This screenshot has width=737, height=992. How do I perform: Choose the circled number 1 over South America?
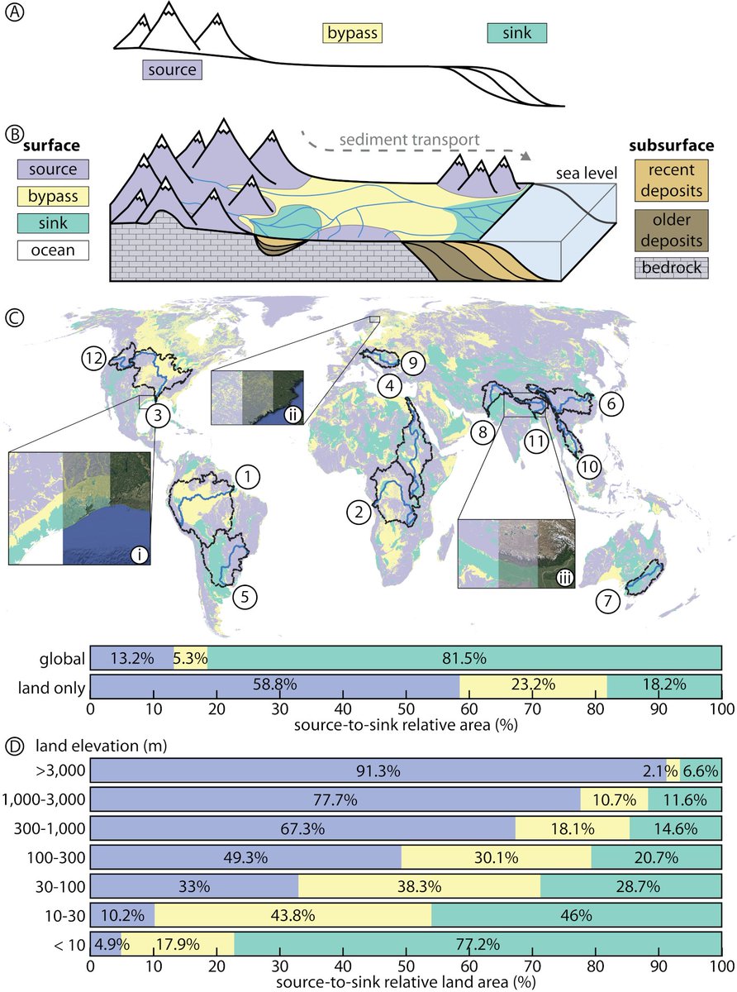(247, 476)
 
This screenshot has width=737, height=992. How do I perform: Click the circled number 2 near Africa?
(359, 513)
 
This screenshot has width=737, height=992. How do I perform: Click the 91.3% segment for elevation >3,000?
(378, 770)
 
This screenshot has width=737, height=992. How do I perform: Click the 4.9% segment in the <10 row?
(104, 943)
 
